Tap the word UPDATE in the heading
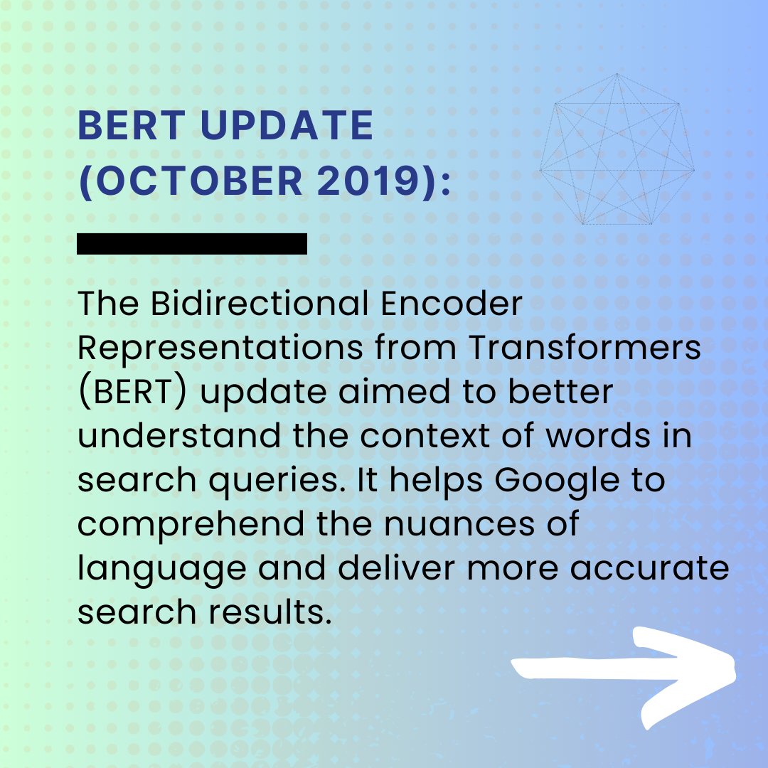(287, 127)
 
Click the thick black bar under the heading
(192, 244)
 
